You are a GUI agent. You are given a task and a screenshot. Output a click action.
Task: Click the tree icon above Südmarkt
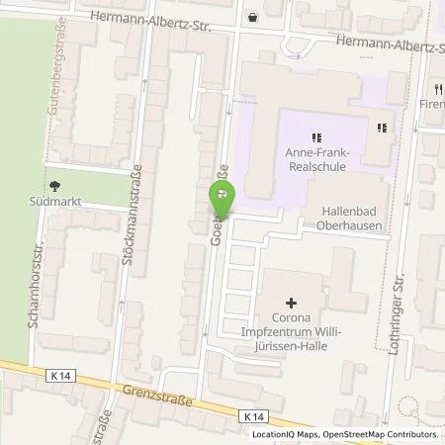pos(53,184)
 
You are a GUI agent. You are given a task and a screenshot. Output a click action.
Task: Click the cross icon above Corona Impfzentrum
pos(291,303)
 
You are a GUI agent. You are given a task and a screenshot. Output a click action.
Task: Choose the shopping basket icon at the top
pos(252,16)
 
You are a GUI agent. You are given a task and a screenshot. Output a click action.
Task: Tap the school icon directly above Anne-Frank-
pos(316,136)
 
